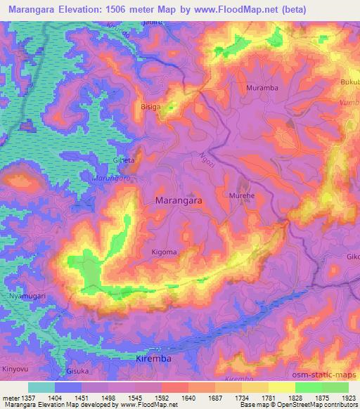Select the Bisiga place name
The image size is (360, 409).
click(150, 108)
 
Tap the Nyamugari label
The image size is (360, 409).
click(27, 297)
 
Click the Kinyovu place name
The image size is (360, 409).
click(16, 368)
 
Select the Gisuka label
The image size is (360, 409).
click(77, 370)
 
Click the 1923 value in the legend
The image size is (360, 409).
click(347, 398)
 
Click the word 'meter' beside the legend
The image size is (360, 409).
click(11, 398)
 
